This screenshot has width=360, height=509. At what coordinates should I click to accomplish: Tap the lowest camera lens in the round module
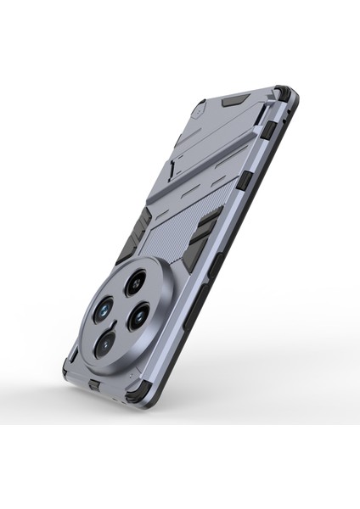coord(104,342)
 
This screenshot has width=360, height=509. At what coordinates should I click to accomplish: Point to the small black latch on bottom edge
coord(94,387)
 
